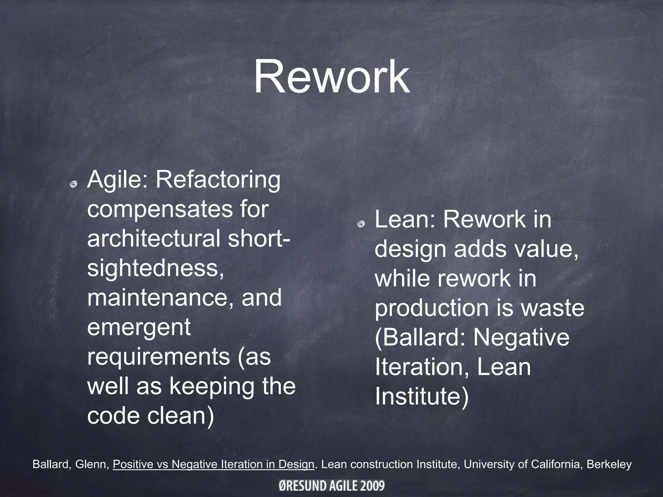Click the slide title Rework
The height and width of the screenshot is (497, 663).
click(x=331, y=78)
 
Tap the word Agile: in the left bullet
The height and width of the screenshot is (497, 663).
click(x=118, y=180)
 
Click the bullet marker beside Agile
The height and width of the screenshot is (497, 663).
click(x=73, y=184)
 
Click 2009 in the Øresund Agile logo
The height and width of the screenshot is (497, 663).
click(x=372, y=486)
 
